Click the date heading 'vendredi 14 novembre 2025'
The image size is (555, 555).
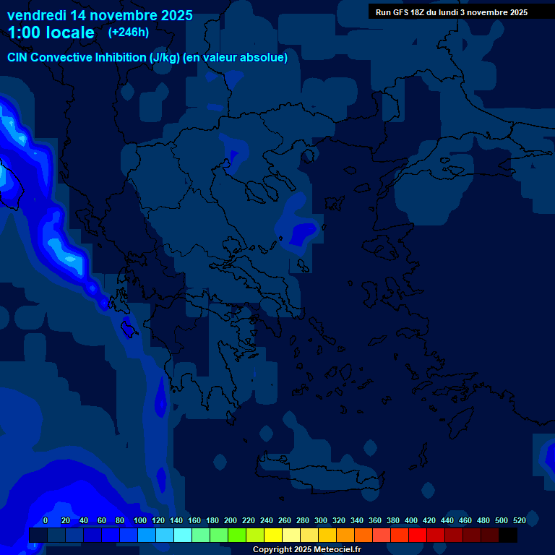[x=100, y=15]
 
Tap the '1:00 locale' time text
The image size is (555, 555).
[x=51, y=33]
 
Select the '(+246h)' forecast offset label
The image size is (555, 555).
[x=128, y=33]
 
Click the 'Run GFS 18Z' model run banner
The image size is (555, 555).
[x=451, y=12]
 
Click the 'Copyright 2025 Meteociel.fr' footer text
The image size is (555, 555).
[x=306, y=550]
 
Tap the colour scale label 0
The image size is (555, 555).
[x=46, y=520]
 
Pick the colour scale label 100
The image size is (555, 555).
[x=139, y=520]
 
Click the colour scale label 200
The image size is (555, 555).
[x=231, y=520]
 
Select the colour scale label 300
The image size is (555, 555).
[x=321, y=520]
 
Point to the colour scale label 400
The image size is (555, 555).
[x=411, y=520]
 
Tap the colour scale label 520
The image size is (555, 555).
[x=520, y=520]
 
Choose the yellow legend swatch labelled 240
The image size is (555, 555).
[x=273, y=535]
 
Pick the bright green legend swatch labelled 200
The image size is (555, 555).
[x=237, y=535]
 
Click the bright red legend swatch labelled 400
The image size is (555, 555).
[x=418, y=535]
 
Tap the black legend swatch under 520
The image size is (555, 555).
[x=508, y=535]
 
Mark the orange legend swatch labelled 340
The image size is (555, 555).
[x=363, y=535]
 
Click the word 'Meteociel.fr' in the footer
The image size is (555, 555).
[x=337, y=550]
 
